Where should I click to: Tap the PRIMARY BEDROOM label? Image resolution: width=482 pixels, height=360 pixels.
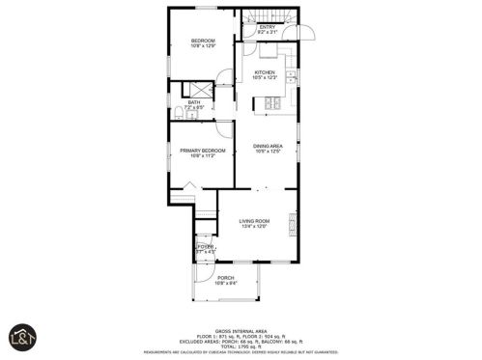tap(202, 151)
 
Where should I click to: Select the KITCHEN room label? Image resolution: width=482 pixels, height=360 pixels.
tap(266, 72)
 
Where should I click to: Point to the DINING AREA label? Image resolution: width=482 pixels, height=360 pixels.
tap(267, 145)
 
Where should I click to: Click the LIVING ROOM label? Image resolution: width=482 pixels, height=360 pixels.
tap(254, 221)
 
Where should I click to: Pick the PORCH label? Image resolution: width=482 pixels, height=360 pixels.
tap(225, 278)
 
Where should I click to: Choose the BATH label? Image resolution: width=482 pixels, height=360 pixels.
tap(194, 102)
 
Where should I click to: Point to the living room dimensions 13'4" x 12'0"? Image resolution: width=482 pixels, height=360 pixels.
tap(254, 227)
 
